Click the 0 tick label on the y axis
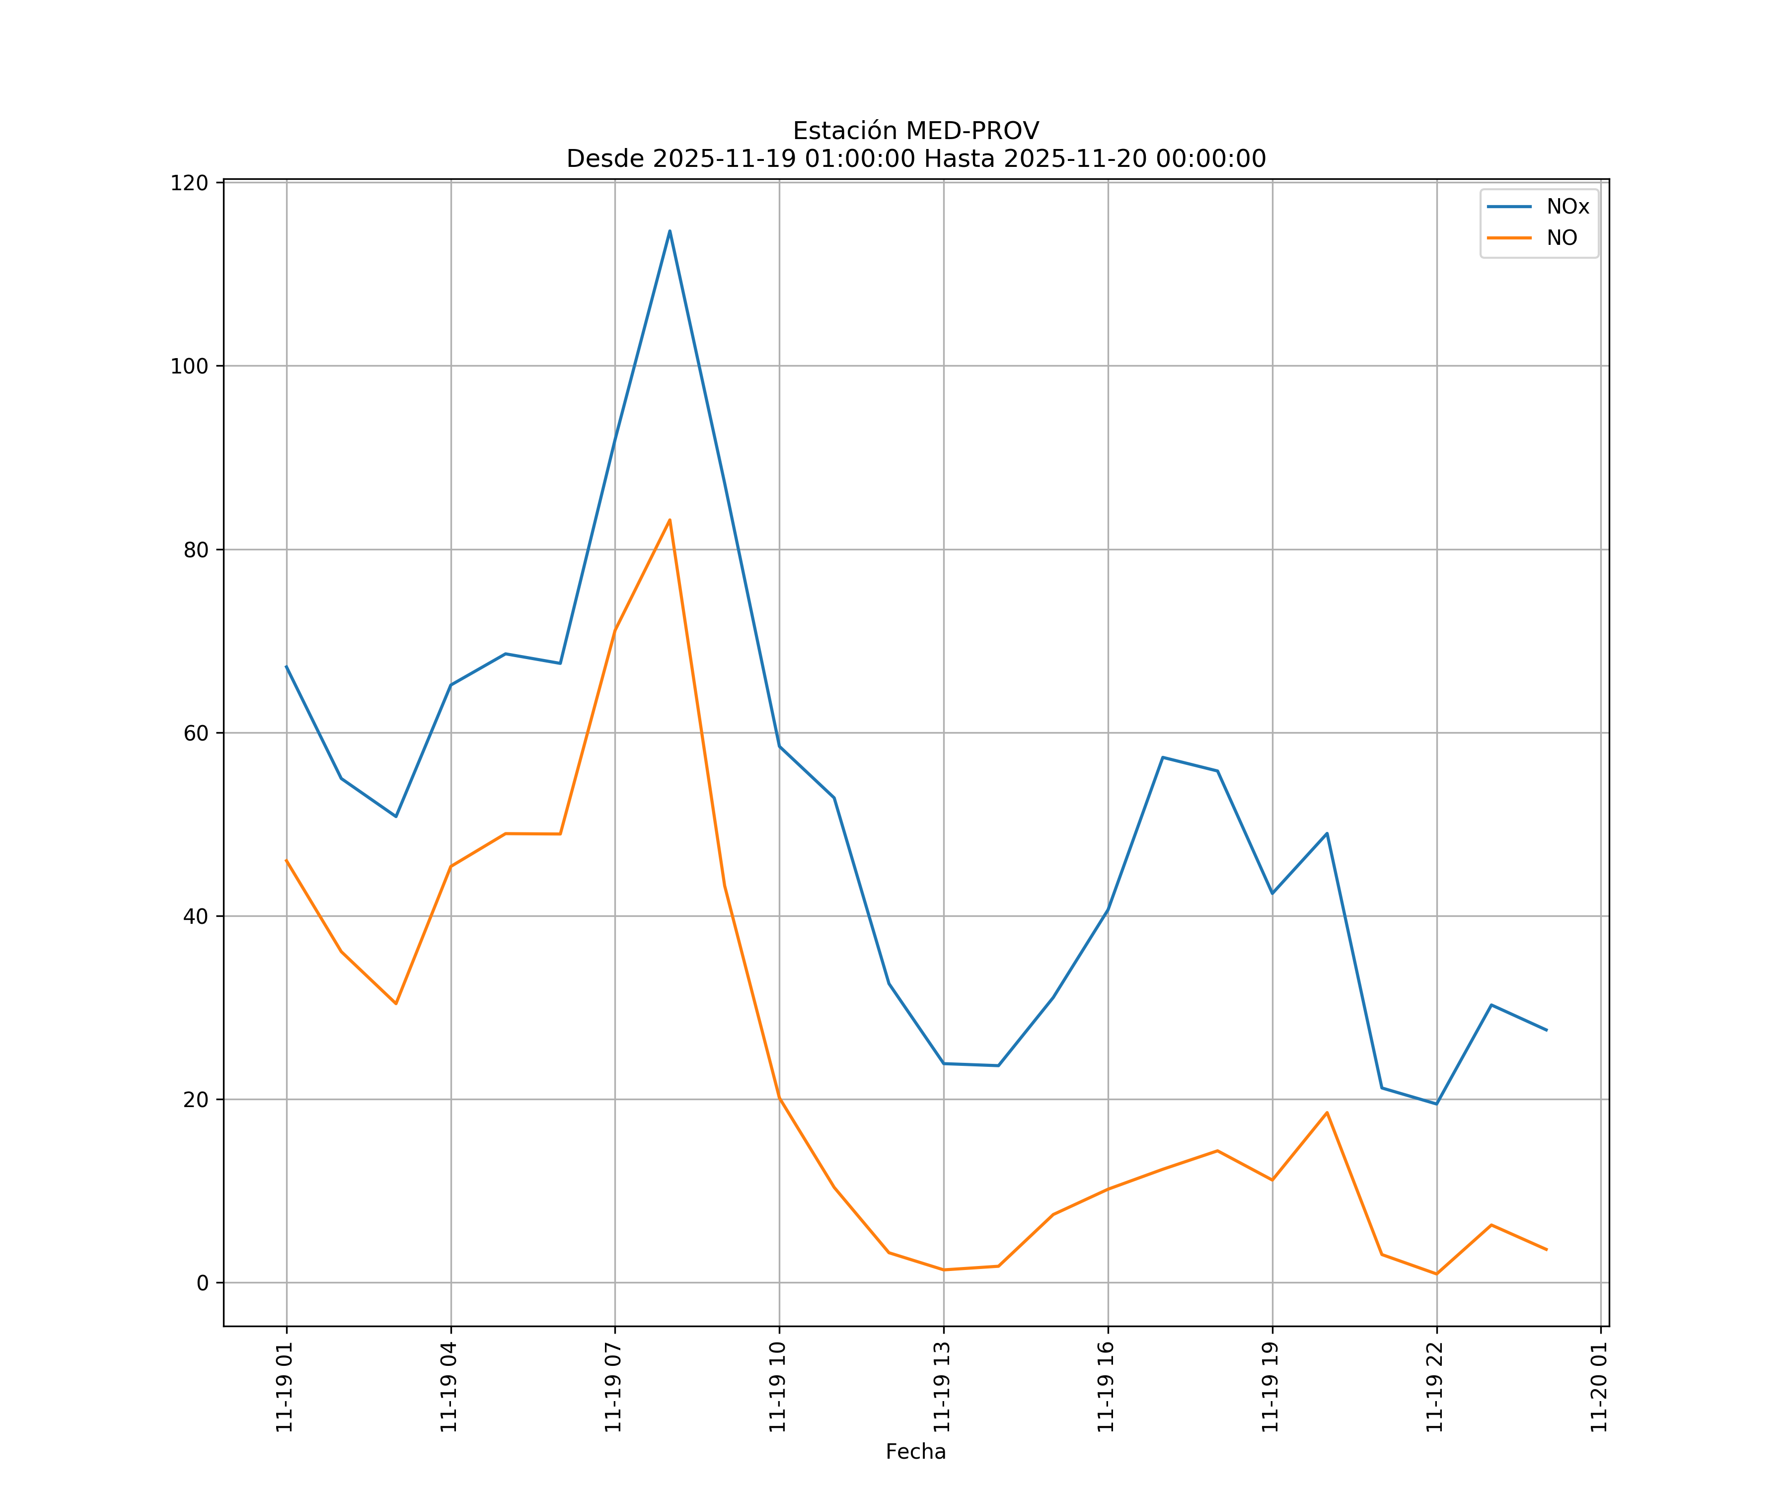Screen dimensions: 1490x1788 click(203, 1282)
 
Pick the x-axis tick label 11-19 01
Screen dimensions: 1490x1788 click(285, 1387)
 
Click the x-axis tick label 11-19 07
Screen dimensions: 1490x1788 click(613, 1387)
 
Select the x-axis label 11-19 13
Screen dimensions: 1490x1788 click(942, 1387)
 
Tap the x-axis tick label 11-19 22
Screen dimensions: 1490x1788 click(1435, 1387)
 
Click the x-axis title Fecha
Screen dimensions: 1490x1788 click(915, 1452)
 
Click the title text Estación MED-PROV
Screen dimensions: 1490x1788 click(915, 131)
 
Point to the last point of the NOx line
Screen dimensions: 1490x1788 click(1546, 1030)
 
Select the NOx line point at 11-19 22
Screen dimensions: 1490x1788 click(1436, 1104)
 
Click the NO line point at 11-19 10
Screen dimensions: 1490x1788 click(779, 1098)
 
